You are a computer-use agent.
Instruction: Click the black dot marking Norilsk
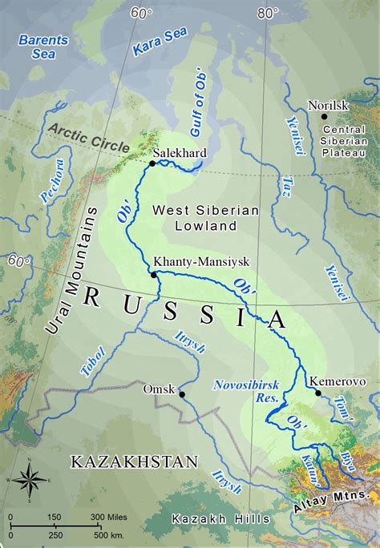325,117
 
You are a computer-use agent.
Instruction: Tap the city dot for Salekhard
152,163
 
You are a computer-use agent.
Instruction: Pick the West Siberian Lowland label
206,217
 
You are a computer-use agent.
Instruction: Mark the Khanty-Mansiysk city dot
154,274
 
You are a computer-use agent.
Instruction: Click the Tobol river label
93,361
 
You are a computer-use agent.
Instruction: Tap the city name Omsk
158,389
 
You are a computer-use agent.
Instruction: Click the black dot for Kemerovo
318,393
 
